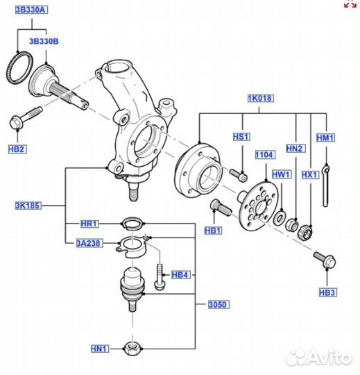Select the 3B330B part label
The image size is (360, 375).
44,42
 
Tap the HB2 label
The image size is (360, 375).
17,149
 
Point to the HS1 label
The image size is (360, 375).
240,137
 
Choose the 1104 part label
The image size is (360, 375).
265,155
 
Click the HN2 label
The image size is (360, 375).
295,149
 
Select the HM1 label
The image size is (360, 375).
325,138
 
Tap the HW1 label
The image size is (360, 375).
281,174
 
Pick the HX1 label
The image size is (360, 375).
310,174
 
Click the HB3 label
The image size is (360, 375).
327,292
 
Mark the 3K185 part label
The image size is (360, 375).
28,206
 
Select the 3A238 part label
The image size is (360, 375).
87,242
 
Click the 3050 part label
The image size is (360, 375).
217,304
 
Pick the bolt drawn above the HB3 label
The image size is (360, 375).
324,260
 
